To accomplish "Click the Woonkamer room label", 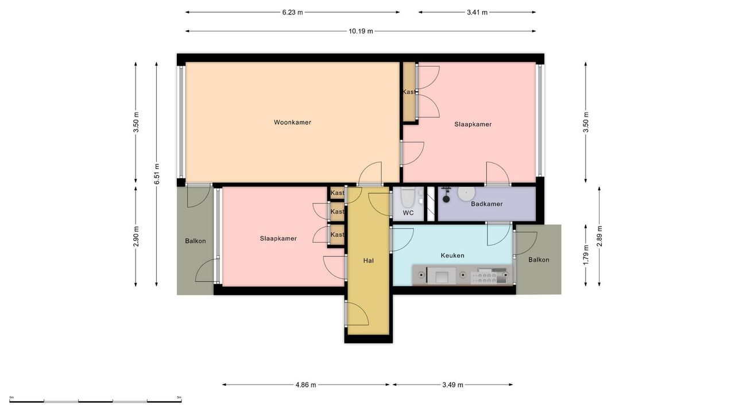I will coord(292,122).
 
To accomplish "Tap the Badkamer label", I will coord(486,204).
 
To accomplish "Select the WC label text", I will coord(408,213).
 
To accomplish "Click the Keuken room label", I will coord(452,255).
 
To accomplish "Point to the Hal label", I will coord(369,260).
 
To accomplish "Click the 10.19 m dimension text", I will coord(361,31).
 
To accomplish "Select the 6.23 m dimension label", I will coord(292,12).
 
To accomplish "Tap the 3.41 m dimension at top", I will coord(477,12).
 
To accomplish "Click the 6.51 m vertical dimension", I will coord(156,174).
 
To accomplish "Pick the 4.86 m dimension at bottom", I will coord(305,385).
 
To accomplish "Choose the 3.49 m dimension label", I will coord(452,385).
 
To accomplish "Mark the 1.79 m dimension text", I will coord(586,255).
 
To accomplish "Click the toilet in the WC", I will coord(408,197).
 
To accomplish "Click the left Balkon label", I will coord(195,241).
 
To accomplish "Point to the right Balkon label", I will coord(539,260).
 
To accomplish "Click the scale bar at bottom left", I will coord(95,400).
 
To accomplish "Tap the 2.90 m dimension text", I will coord(136,236).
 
